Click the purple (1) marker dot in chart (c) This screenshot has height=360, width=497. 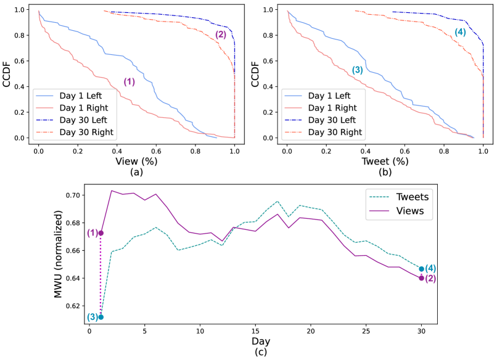[x=101, y=233]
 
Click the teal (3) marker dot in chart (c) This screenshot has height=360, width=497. [x=101, y=317]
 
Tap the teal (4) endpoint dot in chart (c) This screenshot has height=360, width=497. [x=421, y=269]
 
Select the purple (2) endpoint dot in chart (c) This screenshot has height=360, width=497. [x=421, y=278]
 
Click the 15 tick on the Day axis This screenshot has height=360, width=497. [x=255, y=331]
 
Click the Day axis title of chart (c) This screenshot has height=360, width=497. [x=255, y=342]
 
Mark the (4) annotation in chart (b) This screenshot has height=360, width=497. [x=460, y=32]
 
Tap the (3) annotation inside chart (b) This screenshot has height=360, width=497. [x=357, y=70]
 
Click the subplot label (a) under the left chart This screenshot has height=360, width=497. [x=136, y=173]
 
